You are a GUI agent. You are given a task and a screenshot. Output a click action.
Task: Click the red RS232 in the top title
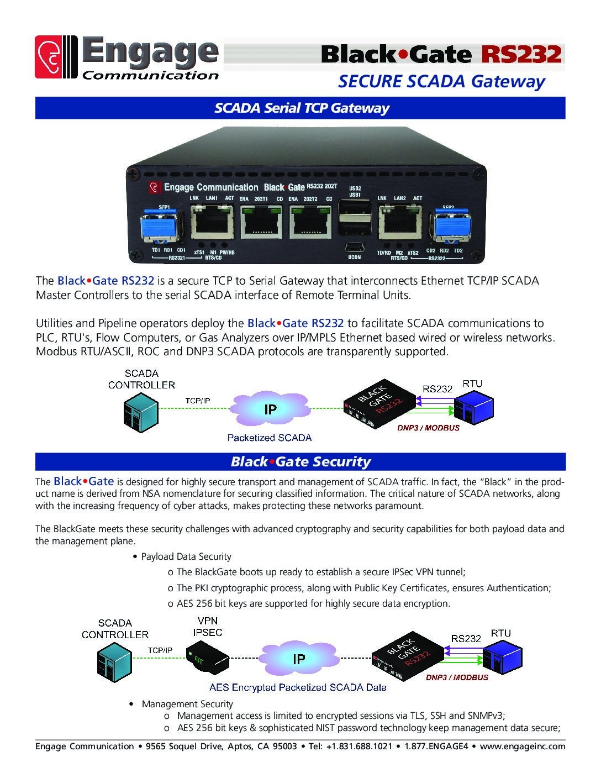point(521,54)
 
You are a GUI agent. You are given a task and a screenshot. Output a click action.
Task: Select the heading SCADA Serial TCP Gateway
point(302,108)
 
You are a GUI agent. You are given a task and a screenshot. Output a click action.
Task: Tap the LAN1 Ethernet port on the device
point(212,220)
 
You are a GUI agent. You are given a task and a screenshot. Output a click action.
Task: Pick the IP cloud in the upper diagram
point(270,409)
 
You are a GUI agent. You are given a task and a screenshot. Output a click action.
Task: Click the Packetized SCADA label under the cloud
point(270,438)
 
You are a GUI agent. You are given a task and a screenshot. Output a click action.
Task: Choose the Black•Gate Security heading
point(300,461)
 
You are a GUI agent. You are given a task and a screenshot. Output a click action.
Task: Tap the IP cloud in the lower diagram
point(298,659)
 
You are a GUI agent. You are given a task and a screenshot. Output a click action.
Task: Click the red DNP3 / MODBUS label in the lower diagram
point(457,677)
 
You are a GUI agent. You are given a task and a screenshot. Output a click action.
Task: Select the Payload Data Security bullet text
point(186,556)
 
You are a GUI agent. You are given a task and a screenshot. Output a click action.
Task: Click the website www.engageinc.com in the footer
point(522,746)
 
